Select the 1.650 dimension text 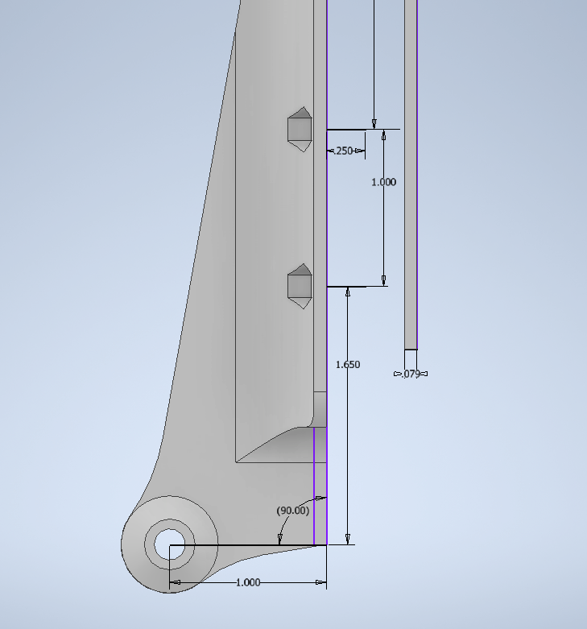[x=348, y=365]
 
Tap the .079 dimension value [x=411, y=374]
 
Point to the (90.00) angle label [x=293, y=511]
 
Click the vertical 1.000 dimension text [x=384, y=182]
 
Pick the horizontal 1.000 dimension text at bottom [x=248, y=582]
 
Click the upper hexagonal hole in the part [x=300, y=129]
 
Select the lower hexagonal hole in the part [x=300, y=286]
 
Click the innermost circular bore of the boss [x=170, y=544]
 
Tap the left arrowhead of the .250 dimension [x=331, y=151]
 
